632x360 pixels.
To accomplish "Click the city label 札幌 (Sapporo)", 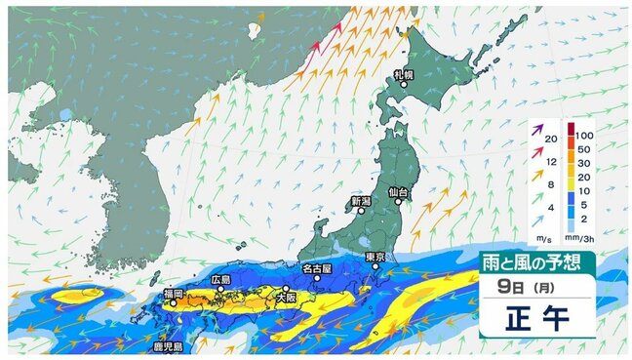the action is click(405, 74).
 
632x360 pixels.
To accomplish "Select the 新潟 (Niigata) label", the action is click(360, 201).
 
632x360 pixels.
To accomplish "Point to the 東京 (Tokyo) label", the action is click(376, 257).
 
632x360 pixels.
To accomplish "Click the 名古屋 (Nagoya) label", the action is click(317, 266).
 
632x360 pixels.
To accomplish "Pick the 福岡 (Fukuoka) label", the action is click(174, 293).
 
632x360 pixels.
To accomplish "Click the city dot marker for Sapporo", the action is click(405, 85).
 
